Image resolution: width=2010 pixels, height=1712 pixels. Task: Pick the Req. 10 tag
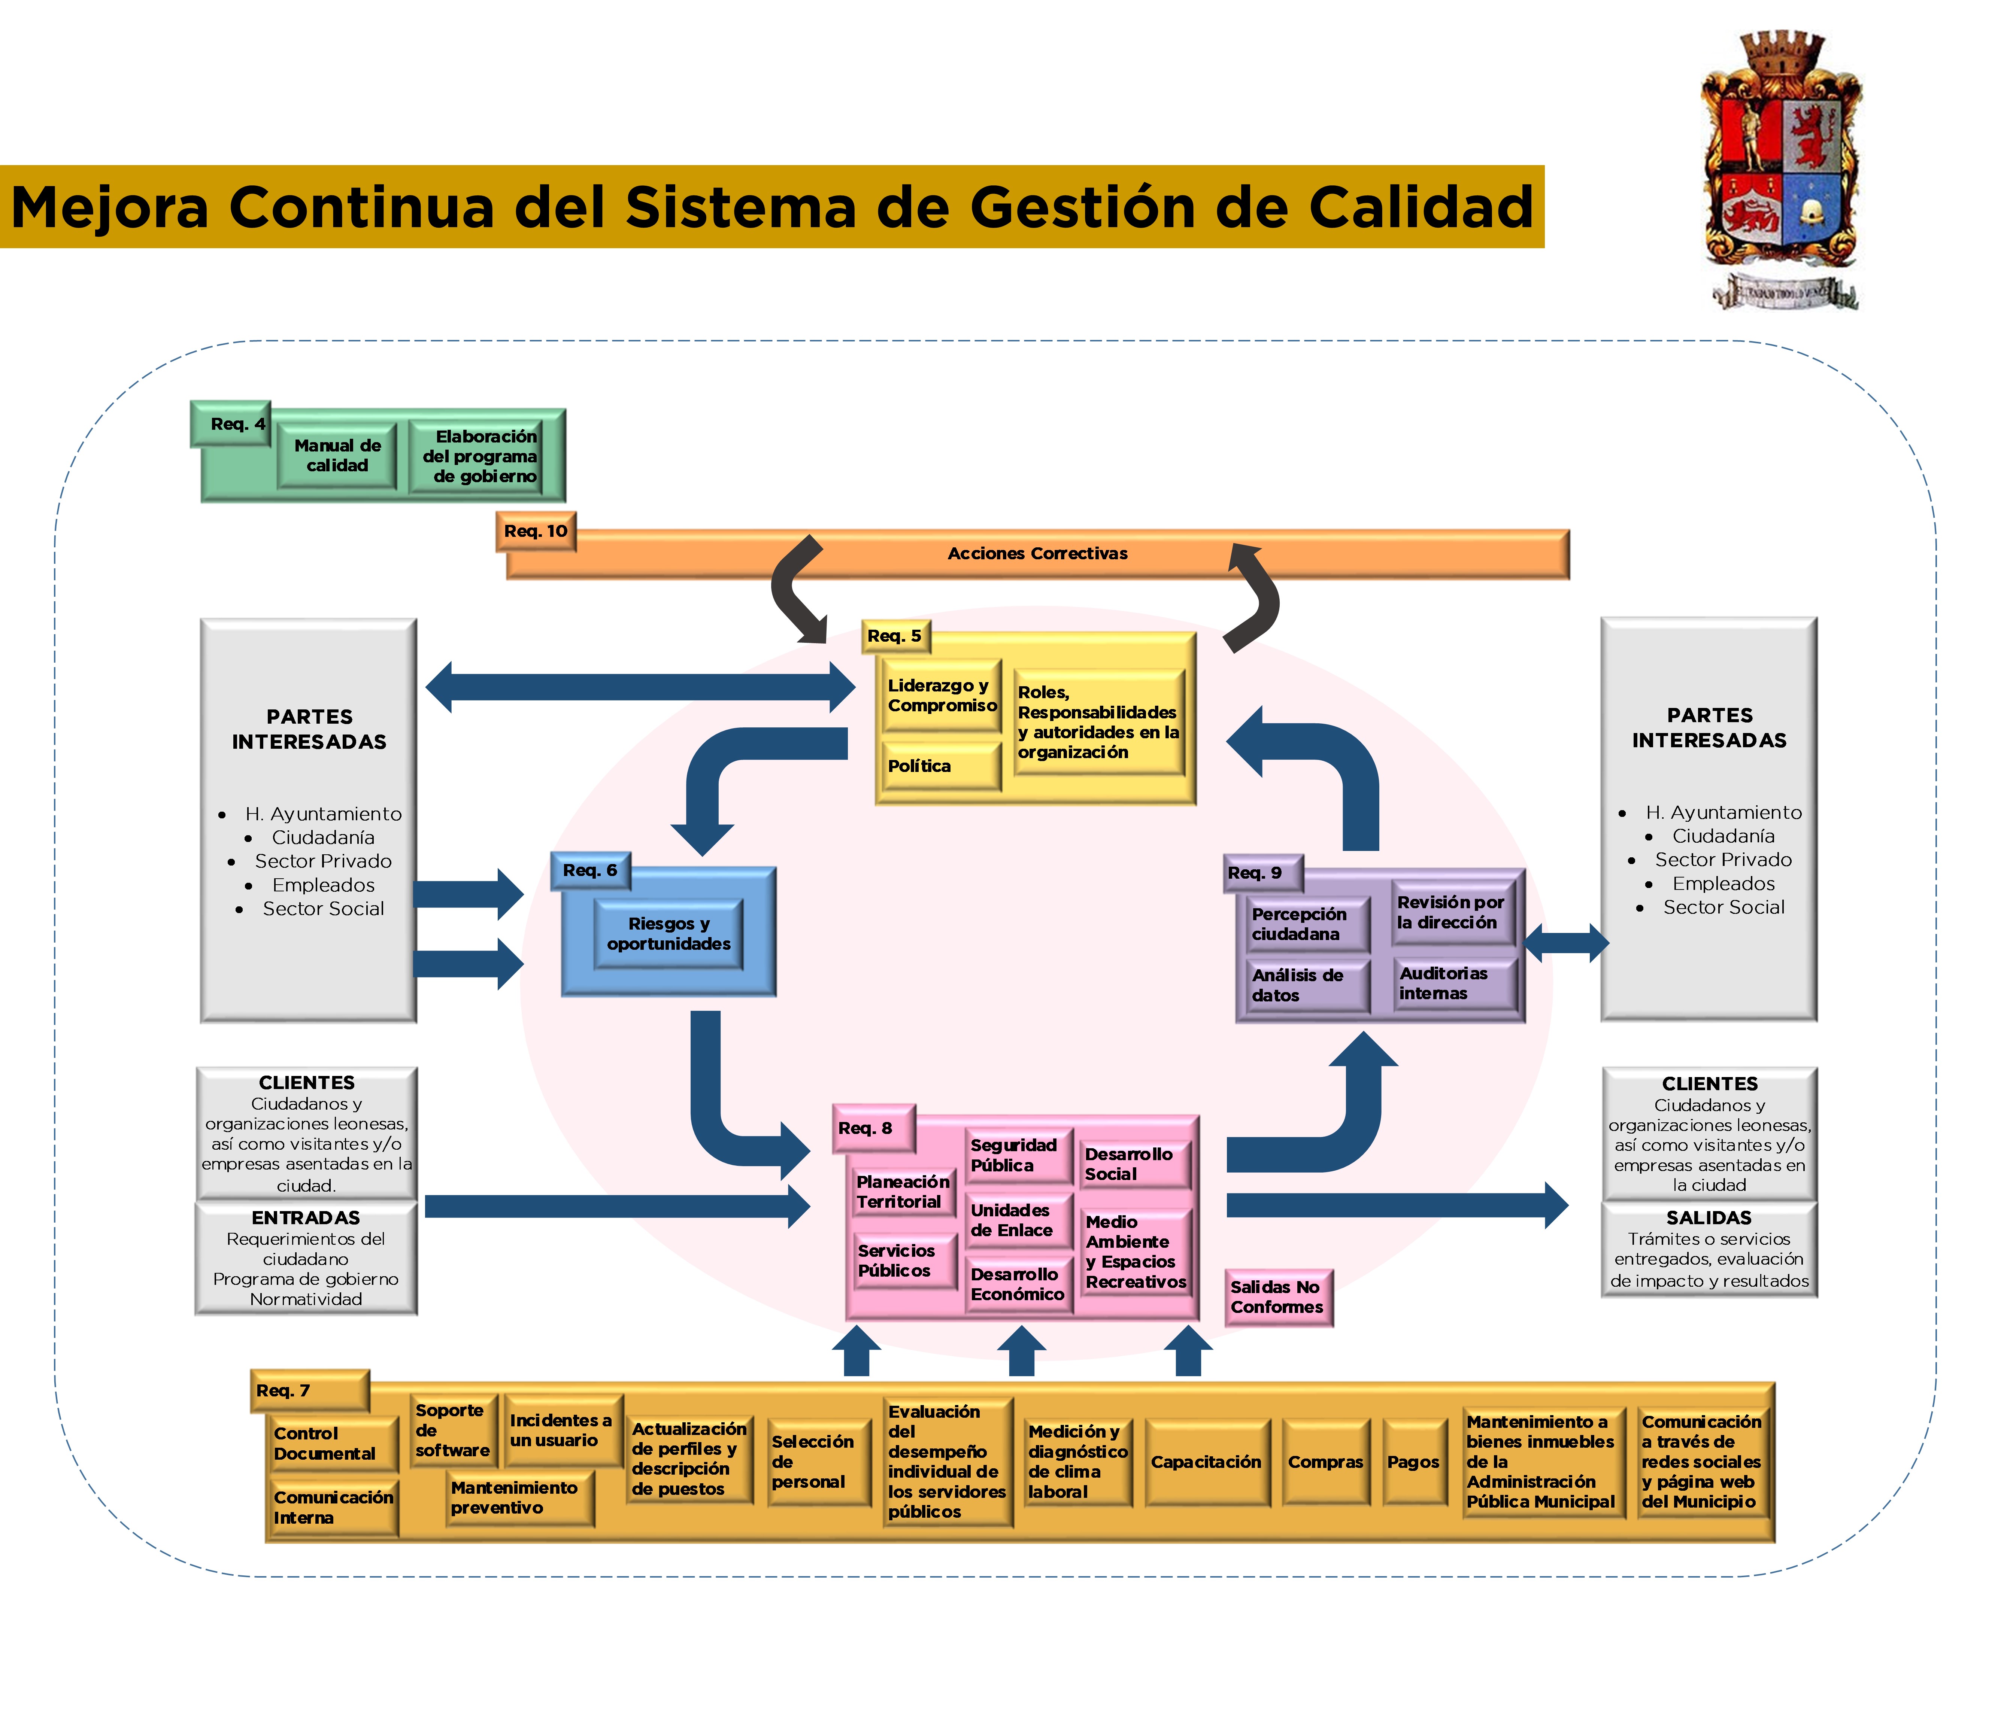tap(536, 532)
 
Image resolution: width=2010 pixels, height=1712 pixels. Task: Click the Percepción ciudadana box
tap(1306, 924)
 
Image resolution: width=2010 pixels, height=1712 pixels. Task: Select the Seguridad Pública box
tap(1017, 1155)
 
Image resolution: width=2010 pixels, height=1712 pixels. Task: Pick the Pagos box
tap(1412, 1462)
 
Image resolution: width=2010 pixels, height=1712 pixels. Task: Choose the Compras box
tap(1325, 1462)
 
